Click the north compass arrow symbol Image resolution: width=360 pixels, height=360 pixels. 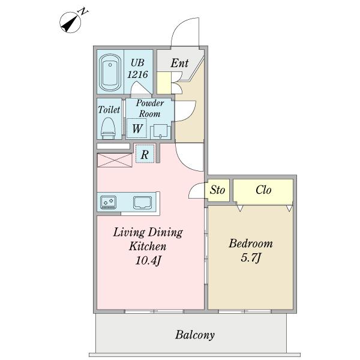(x=70, y=23)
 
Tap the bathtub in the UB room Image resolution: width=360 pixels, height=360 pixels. (x=110, y=73)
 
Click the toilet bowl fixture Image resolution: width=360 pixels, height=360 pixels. (x=108, y=128)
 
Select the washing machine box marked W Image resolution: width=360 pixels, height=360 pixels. (x=137, y=128)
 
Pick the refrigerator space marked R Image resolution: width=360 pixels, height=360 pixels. (x=145, y=154)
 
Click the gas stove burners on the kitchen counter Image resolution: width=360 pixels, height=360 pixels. (x=109, y=202)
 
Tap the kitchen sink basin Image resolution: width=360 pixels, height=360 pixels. (x=143, y=202)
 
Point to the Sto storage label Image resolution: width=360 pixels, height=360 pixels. (x=217, y=190)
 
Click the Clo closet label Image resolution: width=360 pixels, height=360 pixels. (x=263, y=190)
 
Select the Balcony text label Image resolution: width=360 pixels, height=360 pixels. (x=195, y=335)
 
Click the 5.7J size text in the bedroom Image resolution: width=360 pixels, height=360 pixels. (x=251, y=257)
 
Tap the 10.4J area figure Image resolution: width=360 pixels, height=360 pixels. (x=148, y=260)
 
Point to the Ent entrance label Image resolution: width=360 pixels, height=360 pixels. (x=179, y=63)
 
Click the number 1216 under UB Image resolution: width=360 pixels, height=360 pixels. (x=137, y=74)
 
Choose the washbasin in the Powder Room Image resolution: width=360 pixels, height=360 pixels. (x=160, y=131)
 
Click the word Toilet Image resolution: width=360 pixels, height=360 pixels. (x=109, y=110)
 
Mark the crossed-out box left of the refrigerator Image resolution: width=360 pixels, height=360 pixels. (x=115, y=160)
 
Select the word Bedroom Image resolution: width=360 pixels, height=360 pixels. (x=251, y=244)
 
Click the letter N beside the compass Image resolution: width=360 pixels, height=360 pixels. (x=83, y=11)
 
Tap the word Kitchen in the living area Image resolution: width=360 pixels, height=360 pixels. (x=148, y=247)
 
